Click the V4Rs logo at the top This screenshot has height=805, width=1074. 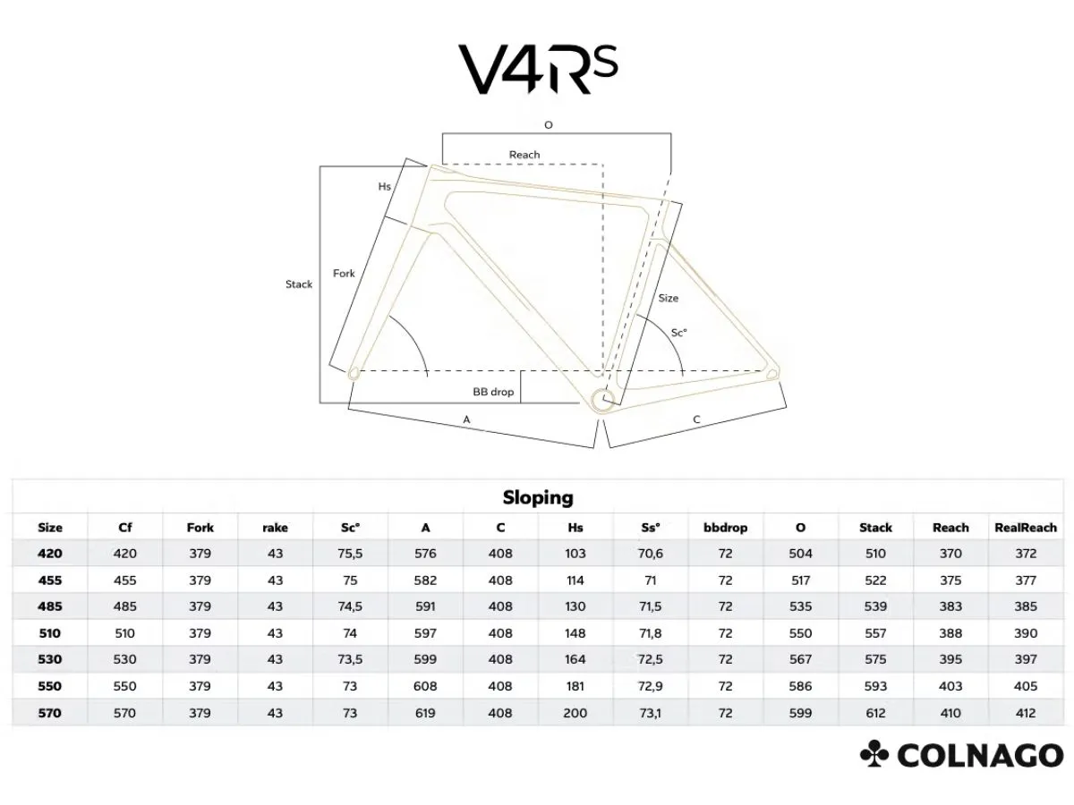click(x=537, y=69)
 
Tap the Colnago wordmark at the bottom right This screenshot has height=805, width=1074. click(x=961, y=755)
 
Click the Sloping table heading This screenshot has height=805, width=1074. click(x=538, y=497)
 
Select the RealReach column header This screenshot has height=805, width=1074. click(x=1026, y=528)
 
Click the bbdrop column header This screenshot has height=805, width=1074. click(x=725, y=528)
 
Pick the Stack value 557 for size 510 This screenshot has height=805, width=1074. click(x=875, y=633)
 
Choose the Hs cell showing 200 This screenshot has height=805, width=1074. click(x=575, y=713)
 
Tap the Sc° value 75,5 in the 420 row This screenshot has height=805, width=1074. click(x=350, y=554)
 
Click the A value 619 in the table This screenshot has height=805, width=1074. click(x=425, y=713)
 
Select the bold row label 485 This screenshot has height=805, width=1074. click(x=50, y=606)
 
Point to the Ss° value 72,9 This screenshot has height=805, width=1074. click(x=651, y=686)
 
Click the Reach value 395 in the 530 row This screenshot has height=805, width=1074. click(x=950, y=659)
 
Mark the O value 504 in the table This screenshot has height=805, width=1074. click(x=800, y=554)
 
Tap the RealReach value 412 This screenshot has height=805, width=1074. click(x=1026, y=713)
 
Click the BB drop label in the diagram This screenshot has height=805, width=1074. click(x=493, y=392)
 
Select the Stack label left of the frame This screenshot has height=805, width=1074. click(x=298, y=284)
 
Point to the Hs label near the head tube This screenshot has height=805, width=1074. click(x=385, y=186)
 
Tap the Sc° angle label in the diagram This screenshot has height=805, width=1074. click(x=679, y=333)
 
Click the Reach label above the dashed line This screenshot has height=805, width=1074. click(x=524, y=155)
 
